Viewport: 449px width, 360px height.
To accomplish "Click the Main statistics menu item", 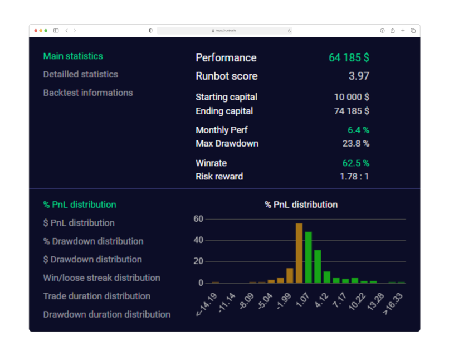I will pos(73,56).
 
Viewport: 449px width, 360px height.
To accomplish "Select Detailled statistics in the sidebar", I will pos(81,75).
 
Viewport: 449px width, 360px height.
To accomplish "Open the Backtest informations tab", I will pos(88,93).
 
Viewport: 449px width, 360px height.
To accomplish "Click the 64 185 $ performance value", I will pos(349,58).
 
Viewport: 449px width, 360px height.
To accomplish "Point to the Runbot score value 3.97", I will pos(359,76).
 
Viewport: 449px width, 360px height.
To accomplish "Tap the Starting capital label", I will pos(226,97).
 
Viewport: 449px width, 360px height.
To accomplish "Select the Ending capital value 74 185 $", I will pos(352,111).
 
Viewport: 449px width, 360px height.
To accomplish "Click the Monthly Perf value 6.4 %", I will pos(358,130).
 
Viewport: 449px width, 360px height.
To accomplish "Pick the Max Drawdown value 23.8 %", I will pos(355,144).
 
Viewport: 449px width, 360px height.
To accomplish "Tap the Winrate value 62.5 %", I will pos(355,163).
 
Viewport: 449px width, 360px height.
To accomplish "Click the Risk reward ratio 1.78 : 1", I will pos(354,177).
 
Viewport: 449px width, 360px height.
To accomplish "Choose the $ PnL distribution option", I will pos(79,223).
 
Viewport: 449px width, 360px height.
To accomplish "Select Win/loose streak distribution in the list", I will pos(101,278).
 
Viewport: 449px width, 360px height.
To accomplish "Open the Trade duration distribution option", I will pos(97,296).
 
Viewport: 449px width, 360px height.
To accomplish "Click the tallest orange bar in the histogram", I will pos(299,253).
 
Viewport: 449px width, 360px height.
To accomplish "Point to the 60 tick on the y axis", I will pos(198,219).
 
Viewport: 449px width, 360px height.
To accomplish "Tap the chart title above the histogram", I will pos(301,205).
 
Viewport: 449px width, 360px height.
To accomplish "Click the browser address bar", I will pos(224,31).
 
